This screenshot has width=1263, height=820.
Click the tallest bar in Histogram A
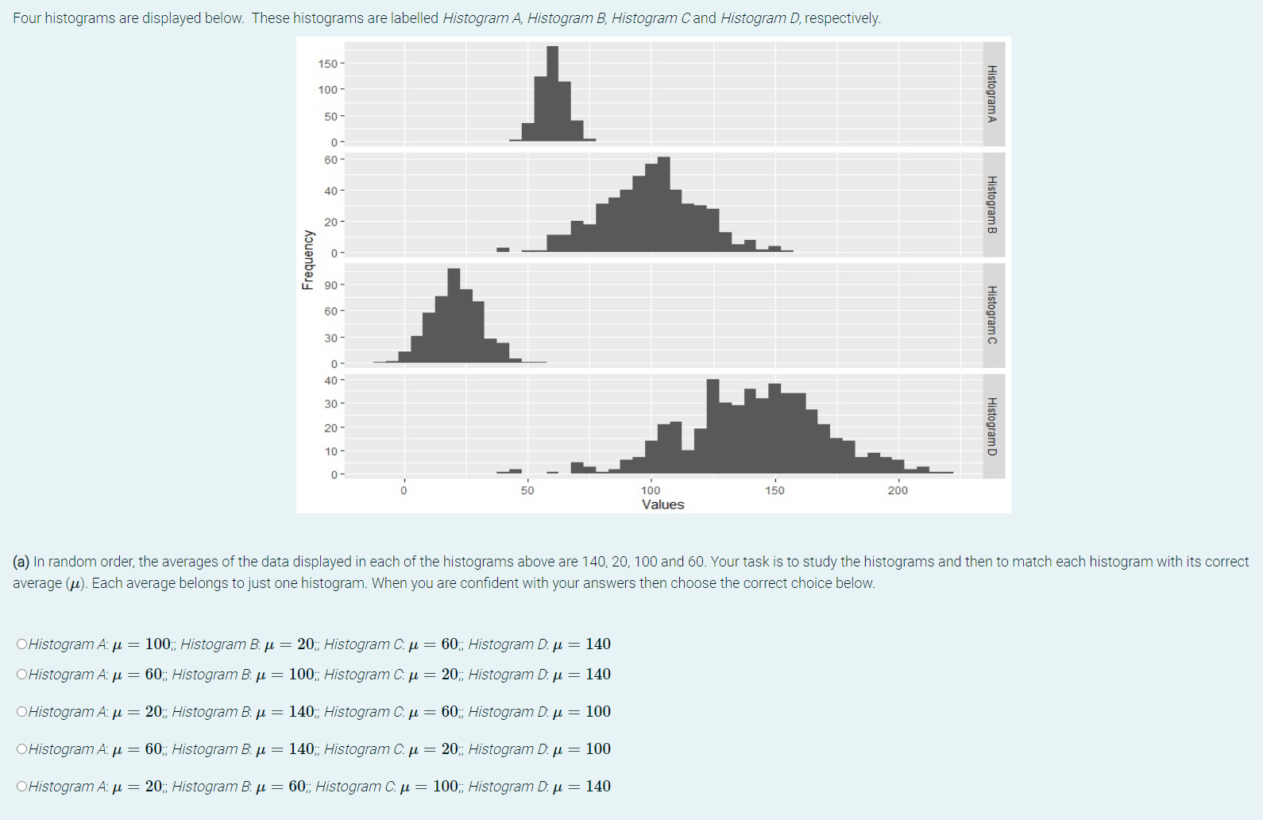click(x=552, y=94)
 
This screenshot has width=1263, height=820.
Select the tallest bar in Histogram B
click(x=664, y=205)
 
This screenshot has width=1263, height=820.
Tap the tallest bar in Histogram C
click(x=454, y=316)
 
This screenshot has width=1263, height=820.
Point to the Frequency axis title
click(x=307, y=259)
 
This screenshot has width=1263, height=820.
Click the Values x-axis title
click(x=662, y=505)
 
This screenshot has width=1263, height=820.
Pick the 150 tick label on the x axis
click(x=774, y=490)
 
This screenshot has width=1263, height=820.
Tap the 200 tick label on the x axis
click(x=898, y=490)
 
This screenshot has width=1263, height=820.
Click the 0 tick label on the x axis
click(x=404, y=490)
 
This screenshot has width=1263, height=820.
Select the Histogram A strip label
click(x=992, y=94)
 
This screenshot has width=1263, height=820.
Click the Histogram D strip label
click(x=992, y=427)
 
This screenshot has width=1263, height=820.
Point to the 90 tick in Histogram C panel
click(x=330, y=285)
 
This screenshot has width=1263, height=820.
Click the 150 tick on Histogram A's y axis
click(x=327, y=64)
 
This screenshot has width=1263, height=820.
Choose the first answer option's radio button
click(x=21, y=644)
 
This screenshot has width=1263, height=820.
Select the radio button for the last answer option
click(x=21, y=787)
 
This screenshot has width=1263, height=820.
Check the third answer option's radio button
click(x=21, y=712)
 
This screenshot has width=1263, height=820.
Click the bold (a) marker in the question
click(x=21, y=562)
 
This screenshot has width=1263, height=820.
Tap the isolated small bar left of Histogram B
click(x=503, y=249)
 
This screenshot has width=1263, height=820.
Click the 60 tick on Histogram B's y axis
click(x=330, y=160)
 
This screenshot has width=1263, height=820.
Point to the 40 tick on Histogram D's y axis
click(x=330, y=381)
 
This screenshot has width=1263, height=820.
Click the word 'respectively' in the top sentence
click(x=841, y=18)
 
